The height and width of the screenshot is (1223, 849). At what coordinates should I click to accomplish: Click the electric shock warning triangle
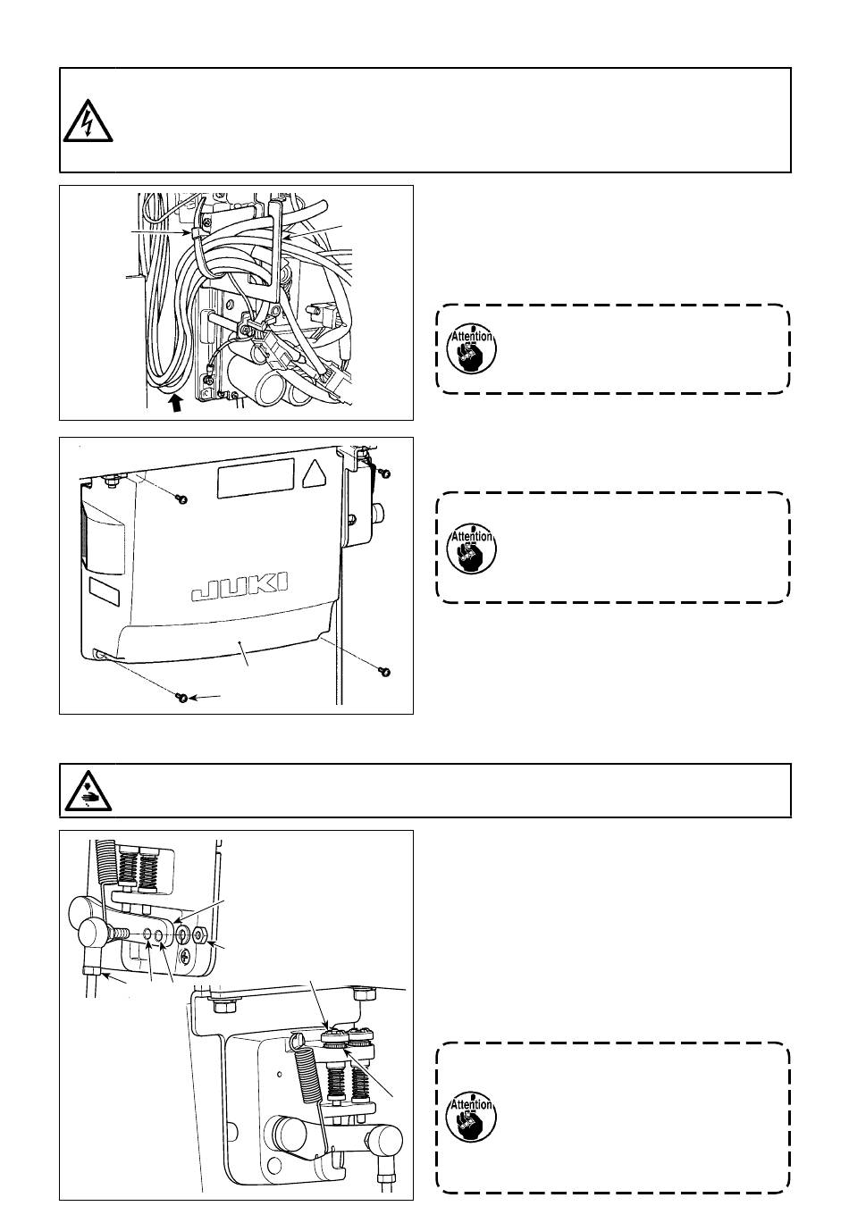pyautogui.click(x=88, y=120)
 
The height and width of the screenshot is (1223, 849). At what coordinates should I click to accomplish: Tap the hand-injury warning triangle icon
pyautogui.click(x=88, y=791)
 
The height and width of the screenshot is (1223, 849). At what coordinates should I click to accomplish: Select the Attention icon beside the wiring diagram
pyautogui.click(x=470, y=348)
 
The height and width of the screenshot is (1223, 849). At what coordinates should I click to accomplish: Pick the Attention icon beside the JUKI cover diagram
pyautogui.click(x=470, y=546)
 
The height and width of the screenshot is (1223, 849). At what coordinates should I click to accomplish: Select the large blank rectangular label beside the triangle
pyautogui.click(x=255, y=480)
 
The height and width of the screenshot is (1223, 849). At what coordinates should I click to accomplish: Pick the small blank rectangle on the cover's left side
pyautogui.click(x=104, y=590)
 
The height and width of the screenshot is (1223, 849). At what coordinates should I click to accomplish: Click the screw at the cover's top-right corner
pyautogui.click(x=385, y=471)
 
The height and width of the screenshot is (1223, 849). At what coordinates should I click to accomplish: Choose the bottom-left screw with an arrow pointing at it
pyautogui.click(x=181, y=698)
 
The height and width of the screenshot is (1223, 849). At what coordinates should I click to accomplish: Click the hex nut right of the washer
pyautogui.click(x=200, y=934)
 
